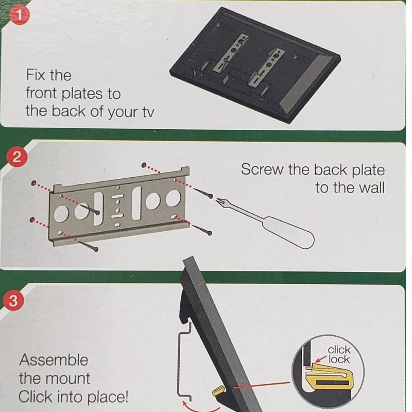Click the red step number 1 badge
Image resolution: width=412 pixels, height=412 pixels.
point(19,15)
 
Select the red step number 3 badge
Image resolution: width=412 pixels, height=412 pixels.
point(14,301)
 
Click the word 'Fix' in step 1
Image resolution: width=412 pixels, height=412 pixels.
point(34,75)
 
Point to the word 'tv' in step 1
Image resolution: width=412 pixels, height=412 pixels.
point(148,111)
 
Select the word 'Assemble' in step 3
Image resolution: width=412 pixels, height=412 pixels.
point(54,359)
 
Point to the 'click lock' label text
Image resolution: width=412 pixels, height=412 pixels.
point(339,354)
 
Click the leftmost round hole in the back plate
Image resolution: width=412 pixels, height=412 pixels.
point(61,213)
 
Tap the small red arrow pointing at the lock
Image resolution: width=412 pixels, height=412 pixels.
point(321,358)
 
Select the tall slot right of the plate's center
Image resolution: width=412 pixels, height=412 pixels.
point(136,203)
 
